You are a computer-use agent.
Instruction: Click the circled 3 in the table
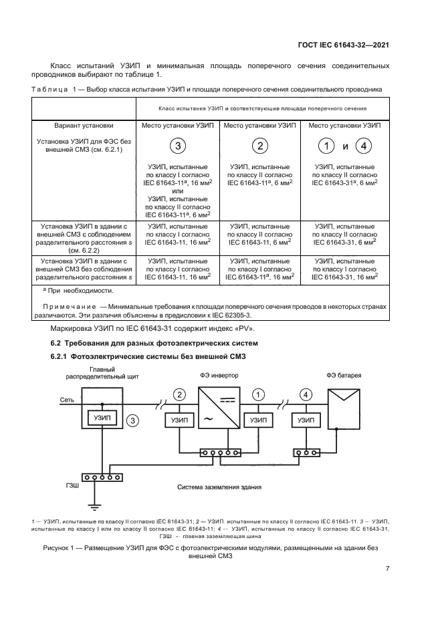click(x=177, y=146)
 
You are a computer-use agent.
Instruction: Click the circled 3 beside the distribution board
click(x=133, y=420)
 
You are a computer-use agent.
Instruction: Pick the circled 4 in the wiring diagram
click(x=306, y=394)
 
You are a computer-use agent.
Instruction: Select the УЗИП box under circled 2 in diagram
click(x=179, y=420)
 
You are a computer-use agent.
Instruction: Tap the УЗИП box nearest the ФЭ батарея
click(x=306, y=420)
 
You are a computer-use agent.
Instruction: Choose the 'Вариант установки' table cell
click(x=84, y=125)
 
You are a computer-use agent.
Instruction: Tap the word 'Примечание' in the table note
click(x=69, y=305)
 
